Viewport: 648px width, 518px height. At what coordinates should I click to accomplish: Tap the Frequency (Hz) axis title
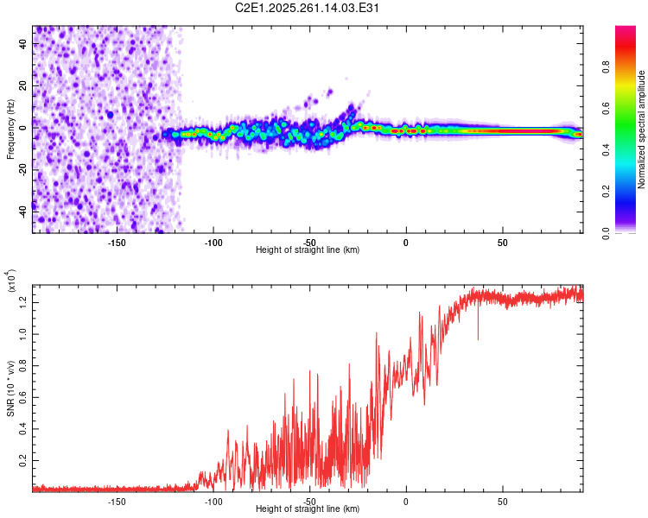coord(10,129)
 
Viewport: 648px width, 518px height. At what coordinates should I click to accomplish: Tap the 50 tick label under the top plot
coord(502,242)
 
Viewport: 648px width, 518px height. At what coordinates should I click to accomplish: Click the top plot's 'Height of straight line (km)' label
coord(308,250)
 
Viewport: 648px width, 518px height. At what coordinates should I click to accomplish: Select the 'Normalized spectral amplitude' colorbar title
coord(641,129)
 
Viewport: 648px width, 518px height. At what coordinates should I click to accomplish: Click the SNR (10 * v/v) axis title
coord(10,388)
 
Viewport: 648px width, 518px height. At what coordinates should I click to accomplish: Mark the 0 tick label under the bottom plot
coord(405,501)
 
